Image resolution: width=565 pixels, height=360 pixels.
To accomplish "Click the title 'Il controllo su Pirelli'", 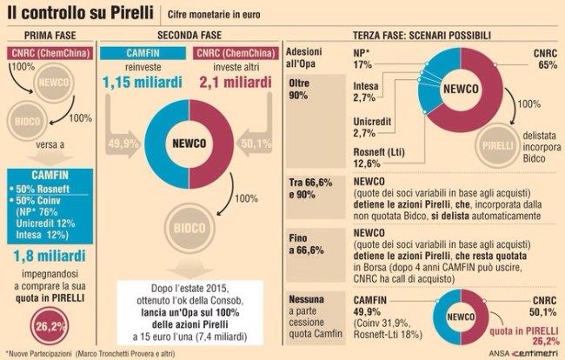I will (77, 13).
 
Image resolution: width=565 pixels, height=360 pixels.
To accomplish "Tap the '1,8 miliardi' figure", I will (49, 257).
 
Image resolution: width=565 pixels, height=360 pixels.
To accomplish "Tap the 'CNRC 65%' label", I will (545, 58).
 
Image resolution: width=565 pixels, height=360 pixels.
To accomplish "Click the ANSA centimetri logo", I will (524, 352).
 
